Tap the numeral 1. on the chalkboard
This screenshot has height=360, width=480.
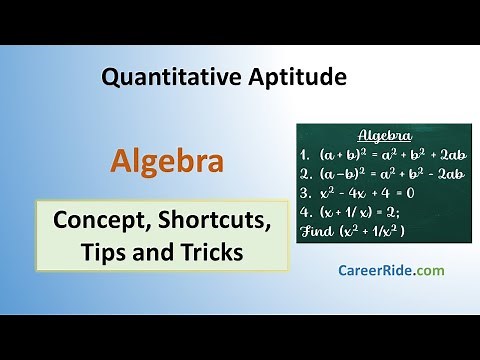[x=306, y=156]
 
